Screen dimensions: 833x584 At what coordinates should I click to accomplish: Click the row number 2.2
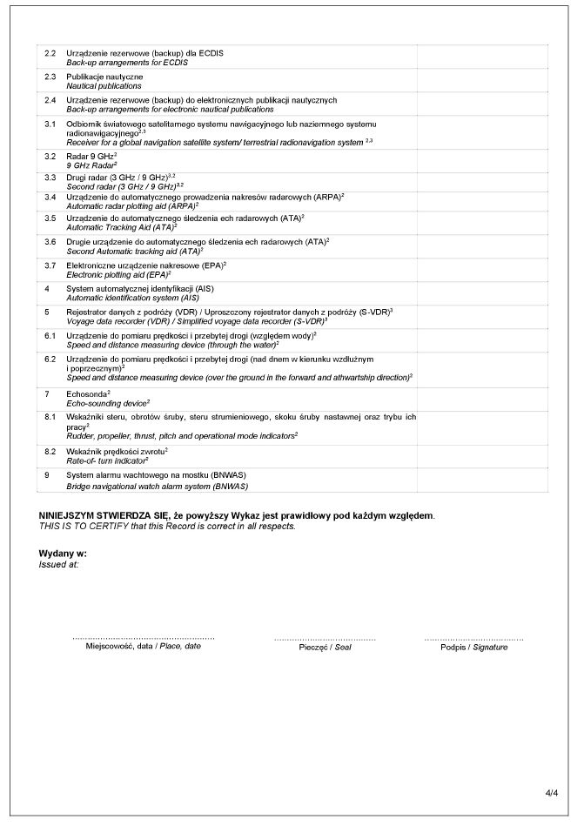[50, 53]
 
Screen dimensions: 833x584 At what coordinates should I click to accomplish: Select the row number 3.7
[50, 264]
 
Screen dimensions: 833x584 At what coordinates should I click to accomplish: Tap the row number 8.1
[50, 418]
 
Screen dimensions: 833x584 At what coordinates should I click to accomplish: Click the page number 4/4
[551, 793]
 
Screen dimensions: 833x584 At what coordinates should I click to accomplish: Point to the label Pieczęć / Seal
[325, 648]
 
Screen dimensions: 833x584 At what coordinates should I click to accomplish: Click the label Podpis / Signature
[473, 648]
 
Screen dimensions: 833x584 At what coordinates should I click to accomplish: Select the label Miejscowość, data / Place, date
[144, 647]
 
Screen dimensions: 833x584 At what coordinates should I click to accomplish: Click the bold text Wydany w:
[63, 554]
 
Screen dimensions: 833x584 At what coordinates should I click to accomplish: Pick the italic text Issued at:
[59, 564]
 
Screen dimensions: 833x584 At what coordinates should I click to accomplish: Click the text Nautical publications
[104, 87]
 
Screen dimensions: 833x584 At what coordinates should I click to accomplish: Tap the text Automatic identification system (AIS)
[133, 298]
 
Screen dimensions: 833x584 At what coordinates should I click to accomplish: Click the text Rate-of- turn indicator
[106, 460]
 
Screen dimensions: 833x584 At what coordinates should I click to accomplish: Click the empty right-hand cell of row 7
[482, 399]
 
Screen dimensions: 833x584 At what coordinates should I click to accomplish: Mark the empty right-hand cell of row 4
[482, 292]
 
